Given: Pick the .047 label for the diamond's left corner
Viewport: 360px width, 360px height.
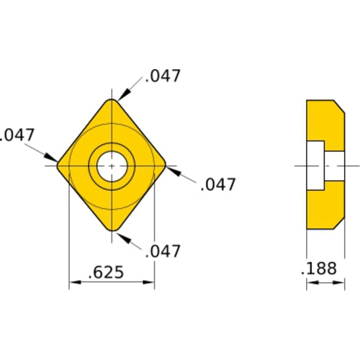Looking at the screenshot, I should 16,135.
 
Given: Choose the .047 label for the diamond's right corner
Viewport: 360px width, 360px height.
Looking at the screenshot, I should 217,184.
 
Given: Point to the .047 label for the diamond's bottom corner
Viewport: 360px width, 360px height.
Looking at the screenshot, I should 162,251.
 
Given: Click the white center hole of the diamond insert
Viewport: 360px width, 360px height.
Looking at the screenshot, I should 112,166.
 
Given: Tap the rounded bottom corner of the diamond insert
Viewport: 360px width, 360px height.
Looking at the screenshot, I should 112,229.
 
